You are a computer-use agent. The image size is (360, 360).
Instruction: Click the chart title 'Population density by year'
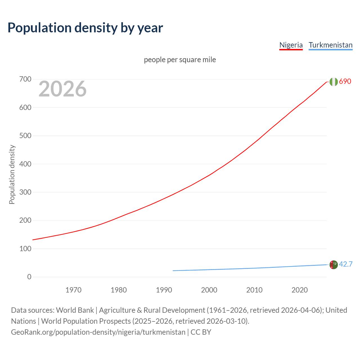pos(85,28)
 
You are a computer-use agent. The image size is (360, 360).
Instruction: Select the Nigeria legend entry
pos(291,45)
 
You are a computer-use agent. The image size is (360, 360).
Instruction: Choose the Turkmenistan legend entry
pos(330,45)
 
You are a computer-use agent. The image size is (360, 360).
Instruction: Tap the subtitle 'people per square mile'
pos(180,60)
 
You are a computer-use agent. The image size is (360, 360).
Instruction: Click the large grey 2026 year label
pos(62,89)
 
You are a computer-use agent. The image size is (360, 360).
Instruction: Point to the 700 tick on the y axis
pos(25,79)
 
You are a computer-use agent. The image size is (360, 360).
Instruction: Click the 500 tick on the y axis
pos(25,136)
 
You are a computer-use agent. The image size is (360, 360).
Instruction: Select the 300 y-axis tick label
pos(25,192)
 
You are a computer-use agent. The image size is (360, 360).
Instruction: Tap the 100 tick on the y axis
pos(25,249)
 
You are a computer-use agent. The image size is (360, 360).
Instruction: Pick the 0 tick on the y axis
pos(29,277)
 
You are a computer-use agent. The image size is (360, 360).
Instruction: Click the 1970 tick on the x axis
pos(73,290)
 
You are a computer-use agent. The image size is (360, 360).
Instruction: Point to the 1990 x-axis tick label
pos(164,290)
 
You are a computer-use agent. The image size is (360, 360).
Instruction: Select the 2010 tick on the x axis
pos(254,290)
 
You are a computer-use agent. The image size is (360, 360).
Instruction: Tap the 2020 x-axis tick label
pos(300,290)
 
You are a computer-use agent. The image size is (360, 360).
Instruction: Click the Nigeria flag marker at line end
pos(334,82)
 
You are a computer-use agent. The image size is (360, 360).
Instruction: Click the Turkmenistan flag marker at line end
pos(334,265)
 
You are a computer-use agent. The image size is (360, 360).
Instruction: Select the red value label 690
pos(345,81)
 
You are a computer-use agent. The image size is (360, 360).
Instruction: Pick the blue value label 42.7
pos(346,264)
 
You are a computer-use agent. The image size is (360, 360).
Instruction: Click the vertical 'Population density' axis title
pos(12,174)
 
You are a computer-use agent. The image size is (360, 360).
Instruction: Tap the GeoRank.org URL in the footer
pos(98,332)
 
